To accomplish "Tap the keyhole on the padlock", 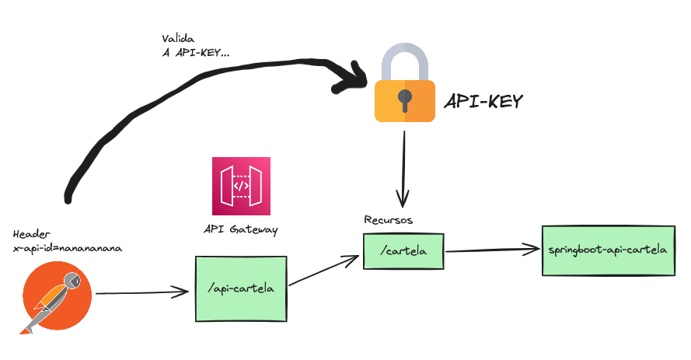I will [404, 99].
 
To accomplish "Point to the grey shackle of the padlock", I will [404, 58].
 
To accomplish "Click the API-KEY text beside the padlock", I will [483, 102].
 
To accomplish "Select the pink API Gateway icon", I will [241, 186].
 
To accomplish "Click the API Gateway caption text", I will [240, 230].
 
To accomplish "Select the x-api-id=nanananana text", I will [68, 247].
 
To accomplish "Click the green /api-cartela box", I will [240, 288].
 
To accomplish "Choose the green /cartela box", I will [403, 251].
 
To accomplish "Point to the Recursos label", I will [389, 220].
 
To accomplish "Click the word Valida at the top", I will [180, 38].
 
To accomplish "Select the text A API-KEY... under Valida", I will [194, 52].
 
